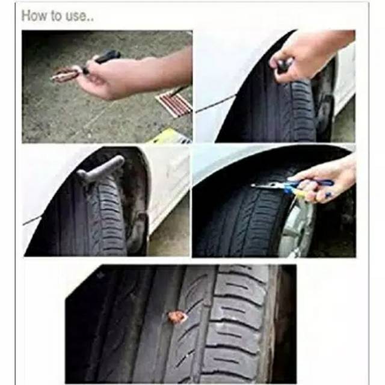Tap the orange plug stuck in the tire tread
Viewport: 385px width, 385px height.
[177, 317]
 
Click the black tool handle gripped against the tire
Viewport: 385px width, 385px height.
[282, 64]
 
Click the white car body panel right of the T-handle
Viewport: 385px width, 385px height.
[170, 186]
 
